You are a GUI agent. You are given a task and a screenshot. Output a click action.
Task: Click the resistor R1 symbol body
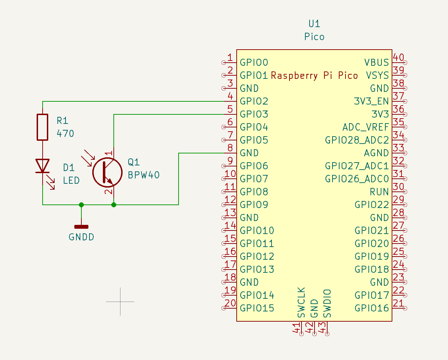[x=43, y=127]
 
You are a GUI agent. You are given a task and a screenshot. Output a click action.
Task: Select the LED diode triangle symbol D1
[x=43, y=166]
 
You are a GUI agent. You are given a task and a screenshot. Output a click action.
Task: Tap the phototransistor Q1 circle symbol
[x=107, y=172]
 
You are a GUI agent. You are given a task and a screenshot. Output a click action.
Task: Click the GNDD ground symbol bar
[x=81, y=227]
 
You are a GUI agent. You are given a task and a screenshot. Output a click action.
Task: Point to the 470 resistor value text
[x=66, y=134]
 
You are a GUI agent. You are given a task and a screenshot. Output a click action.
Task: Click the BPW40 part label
[x=144, y=175]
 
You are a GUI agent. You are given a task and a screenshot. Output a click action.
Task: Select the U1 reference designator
[x=314, y=24]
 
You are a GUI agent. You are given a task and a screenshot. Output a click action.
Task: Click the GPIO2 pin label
[x=254, y=101]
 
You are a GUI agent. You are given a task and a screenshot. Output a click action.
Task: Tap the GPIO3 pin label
[x=254, y=114]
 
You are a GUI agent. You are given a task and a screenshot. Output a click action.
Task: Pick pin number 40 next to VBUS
[x=398, y=57]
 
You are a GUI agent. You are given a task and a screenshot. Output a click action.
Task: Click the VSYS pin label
[x=377, y=76]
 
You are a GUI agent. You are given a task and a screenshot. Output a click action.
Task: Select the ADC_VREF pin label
[x=366, y=127]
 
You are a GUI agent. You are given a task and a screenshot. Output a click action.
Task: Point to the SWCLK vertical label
[x=301, y=302]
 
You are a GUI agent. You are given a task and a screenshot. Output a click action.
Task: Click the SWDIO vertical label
[x=328, y=303]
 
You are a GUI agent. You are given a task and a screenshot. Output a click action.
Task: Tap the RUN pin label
[x=379, y=192]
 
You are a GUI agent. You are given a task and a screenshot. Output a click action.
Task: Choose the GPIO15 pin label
[x=257, y=308]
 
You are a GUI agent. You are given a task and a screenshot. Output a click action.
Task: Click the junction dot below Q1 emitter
[x=114, y=205]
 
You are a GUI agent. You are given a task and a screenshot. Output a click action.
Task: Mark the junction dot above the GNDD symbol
[x=81, y=205]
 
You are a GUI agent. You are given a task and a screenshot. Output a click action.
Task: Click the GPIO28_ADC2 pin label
[x=357, y=140]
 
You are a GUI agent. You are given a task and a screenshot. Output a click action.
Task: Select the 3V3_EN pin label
[x=371, y=101]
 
